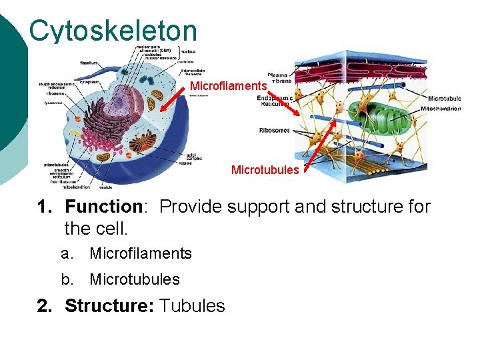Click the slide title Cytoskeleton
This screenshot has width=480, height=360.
tap(113, 31)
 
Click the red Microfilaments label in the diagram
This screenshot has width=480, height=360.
tap(229, 86)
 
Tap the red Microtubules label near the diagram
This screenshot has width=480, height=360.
tap(265, 170)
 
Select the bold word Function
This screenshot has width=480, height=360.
tap(103, 207)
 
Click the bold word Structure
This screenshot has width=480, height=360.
tap(109, 306)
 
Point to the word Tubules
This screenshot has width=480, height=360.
tap(193, 306)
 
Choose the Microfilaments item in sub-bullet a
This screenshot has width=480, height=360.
tap(141, 253)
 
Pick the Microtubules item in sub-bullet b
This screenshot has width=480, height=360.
tap(135, 279)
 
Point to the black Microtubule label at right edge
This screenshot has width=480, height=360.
tap(444, 99)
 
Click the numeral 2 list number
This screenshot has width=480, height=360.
tap(43, 306)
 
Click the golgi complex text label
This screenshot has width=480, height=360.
tap(187, 157)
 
